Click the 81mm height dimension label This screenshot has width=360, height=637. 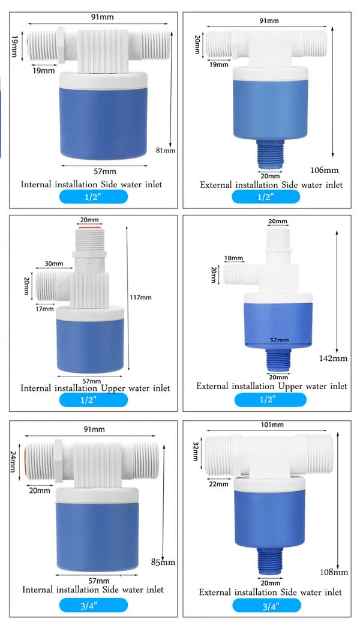166,150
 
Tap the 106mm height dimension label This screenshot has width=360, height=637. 324,170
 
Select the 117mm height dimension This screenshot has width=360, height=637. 141,297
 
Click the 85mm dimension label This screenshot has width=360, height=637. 163,562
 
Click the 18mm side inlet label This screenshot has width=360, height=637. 233,258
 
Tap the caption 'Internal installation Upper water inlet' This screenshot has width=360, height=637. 95,388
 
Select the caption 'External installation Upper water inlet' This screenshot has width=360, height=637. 271,386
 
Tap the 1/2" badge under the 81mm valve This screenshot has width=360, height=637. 93,197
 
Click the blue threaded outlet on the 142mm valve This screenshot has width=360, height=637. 277,361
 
